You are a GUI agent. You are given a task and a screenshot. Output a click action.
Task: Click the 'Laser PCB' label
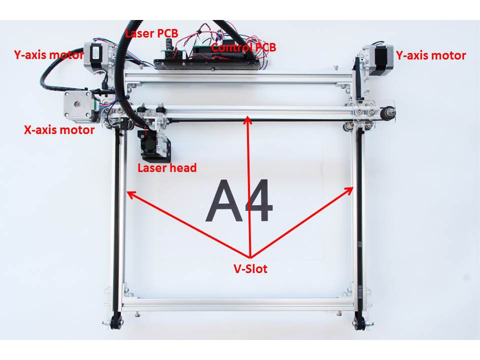[x=151, y=33]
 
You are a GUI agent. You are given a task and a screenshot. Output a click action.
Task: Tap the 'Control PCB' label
[x=243, y=47]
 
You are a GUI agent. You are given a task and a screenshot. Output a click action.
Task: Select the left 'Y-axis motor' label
[x=48, y=55]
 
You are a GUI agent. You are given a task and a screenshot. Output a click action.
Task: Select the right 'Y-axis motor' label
[x=430, y=55]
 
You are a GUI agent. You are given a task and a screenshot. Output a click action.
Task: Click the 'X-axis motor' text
[x=59, y=130]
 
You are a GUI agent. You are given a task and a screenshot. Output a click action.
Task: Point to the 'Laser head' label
[x=167, y=168]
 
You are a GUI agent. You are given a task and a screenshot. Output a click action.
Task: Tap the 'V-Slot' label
[x=250, y=268]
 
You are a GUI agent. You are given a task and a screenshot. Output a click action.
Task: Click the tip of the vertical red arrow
[x=247, y=117]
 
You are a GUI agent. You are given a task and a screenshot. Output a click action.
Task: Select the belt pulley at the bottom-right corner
[x=359, y=323]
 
